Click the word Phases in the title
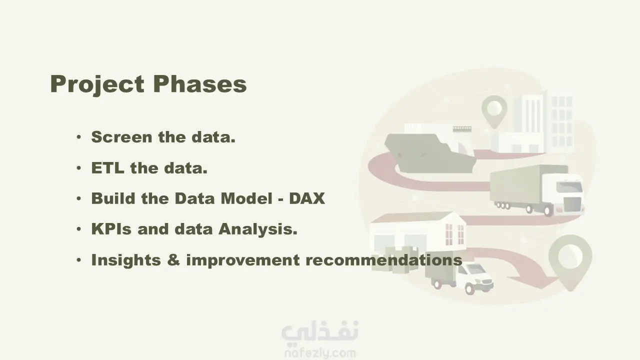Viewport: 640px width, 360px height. (199, 83)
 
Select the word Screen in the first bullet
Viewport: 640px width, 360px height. (121, 137)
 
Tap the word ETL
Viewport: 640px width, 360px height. (107, 167)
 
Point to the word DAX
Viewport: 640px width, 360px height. (307, 198)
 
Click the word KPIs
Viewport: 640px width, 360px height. (111, 229)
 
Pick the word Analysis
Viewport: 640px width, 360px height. (258, 229)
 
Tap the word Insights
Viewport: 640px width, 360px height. (126, 260)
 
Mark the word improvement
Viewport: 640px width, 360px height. (243, 260)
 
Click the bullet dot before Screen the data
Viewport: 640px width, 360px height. (79, 137)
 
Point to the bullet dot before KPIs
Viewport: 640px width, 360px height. (79, 229)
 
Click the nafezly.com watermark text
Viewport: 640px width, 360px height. (320, 353)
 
